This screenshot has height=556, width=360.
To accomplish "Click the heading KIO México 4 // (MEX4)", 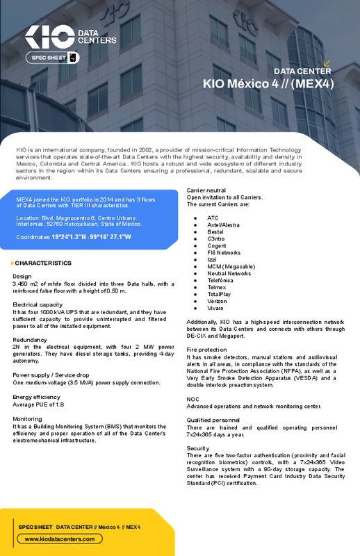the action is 268,83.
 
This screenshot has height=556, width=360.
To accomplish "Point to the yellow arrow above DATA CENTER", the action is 327,63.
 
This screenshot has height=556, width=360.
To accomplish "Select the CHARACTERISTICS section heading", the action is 43,263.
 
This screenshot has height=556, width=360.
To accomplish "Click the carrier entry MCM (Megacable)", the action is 231,266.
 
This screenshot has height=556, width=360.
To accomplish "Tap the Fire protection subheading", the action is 206,349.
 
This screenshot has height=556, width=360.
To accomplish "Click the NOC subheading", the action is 193,399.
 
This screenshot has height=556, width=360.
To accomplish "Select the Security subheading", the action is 197,448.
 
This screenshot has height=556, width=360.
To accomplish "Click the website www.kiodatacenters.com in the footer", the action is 59,539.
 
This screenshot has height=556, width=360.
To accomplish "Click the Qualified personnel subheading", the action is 213,420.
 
